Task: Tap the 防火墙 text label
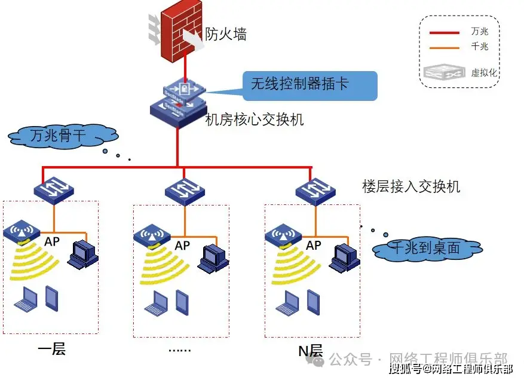[226, 35]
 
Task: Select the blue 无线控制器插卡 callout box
[310, 85]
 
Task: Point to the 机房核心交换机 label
[255, 119]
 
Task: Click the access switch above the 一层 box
[54, 189]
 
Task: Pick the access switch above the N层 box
[314, 190]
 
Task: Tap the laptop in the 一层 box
[26, 300]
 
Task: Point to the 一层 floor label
[51, 349]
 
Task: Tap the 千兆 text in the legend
[480, 47]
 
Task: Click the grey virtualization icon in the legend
[444, 73]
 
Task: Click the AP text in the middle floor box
[182, 245]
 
